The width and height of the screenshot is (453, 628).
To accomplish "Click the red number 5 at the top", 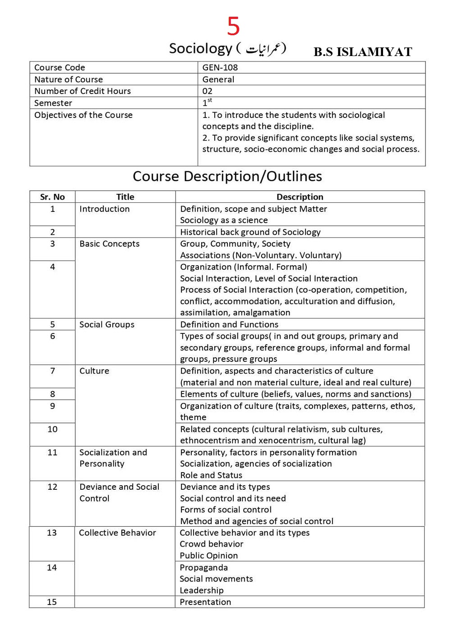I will tap(233, 26).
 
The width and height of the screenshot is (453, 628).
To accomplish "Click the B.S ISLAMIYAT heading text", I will tap(363, 52).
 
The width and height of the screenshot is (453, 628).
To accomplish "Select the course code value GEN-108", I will tap(220, 67).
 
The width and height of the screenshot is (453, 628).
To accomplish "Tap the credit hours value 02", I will tap(207, 91).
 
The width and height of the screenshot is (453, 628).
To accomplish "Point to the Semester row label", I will tap(53, 103).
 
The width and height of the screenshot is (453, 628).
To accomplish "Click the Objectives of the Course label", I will tap(83, 115).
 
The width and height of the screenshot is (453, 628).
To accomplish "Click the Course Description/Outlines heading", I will tap(227, 176).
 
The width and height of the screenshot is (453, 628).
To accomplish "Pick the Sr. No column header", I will tap(52, 197).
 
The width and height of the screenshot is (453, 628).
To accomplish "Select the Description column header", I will tap(300, 197).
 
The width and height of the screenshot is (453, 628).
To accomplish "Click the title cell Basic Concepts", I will tap(110, 244).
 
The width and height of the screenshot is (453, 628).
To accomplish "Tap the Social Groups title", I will tap(107, 324).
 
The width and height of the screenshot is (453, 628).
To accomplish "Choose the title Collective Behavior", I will tap(117, 533).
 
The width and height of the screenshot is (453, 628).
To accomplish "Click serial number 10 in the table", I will tap(52, 429).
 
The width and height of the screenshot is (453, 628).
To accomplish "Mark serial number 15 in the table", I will tap(52, 602).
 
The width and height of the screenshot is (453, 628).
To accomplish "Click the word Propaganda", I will tap(203, 567).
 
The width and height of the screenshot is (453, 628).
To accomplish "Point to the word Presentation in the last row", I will tap(205, 602).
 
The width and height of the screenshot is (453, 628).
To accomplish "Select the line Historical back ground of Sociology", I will tap(250, 232).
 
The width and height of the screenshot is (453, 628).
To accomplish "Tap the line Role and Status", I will tap(211, 475).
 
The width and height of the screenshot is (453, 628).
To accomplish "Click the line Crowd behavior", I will tap(211, 544).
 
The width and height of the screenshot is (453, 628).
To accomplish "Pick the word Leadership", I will tap(201, 591).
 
